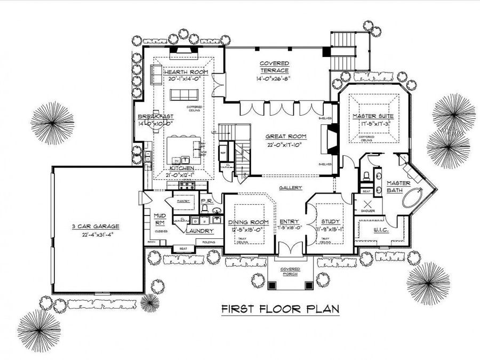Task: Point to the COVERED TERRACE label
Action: coord(274,67)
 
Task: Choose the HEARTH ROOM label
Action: coord(186,72)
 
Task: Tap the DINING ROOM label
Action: coord(248,222)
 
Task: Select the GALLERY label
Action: coord(291,188)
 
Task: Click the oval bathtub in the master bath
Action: coord(413,199)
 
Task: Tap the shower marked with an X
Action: coord(367,203)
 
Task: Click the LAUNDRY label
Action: coord(199,231)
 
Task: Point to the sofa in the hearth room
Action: coord(183,94)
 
